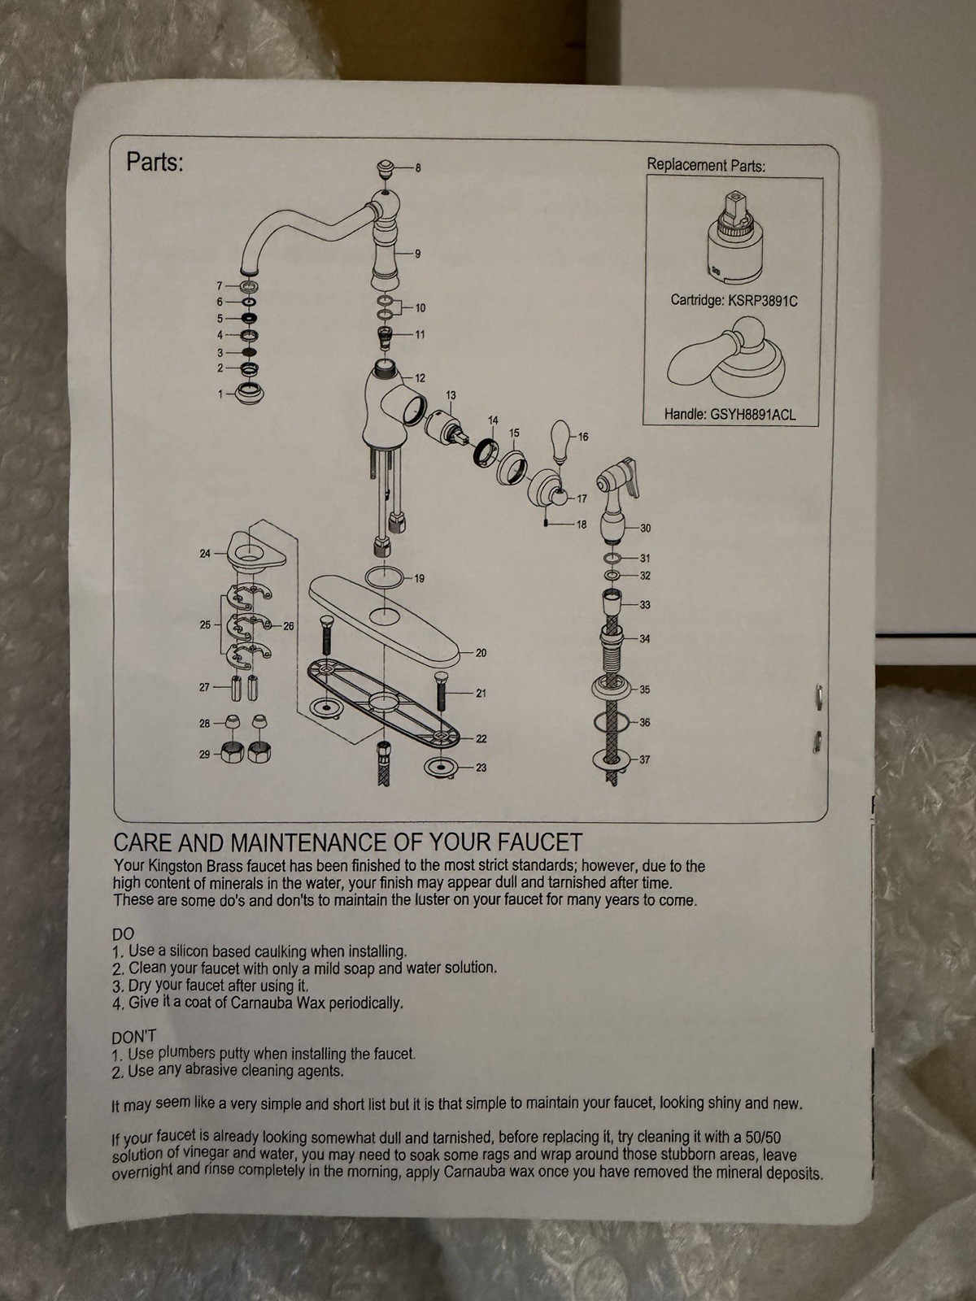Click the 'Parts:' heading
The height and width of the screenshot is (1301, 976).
click(x=155, y=162)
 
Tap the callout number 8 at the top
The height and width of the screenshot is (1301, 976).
click(x=418, y=169)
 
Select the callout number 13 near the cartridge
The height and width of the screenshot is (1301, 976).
click(x=451, y=395)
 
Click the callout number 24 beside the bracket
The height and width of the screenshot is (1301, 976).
click(x=205, y=554)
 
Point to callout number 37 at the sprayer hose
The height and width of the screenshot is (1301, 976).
click(x=644, y=759)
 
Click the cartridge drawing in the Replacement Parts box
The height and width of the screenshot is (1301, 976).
click(x=734, y=236)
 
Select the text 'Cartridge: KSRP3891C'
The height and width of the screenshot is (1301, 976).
click(x=734, y=301)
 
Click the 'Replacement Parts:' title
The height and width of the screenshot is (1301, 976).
click(x=706, y=165)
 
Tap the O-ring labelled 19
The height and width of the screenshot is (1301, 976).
click(x=385, y=578)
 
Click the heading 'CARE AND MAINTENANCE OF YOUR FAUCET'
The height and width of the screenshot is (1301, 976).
click(x=348, y=841)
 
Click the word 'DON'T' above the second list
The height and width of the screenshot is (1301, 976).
click(x=133, y=1037)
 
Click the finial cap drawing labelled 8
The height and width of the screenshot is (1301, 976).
click(x=386, y=170)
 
